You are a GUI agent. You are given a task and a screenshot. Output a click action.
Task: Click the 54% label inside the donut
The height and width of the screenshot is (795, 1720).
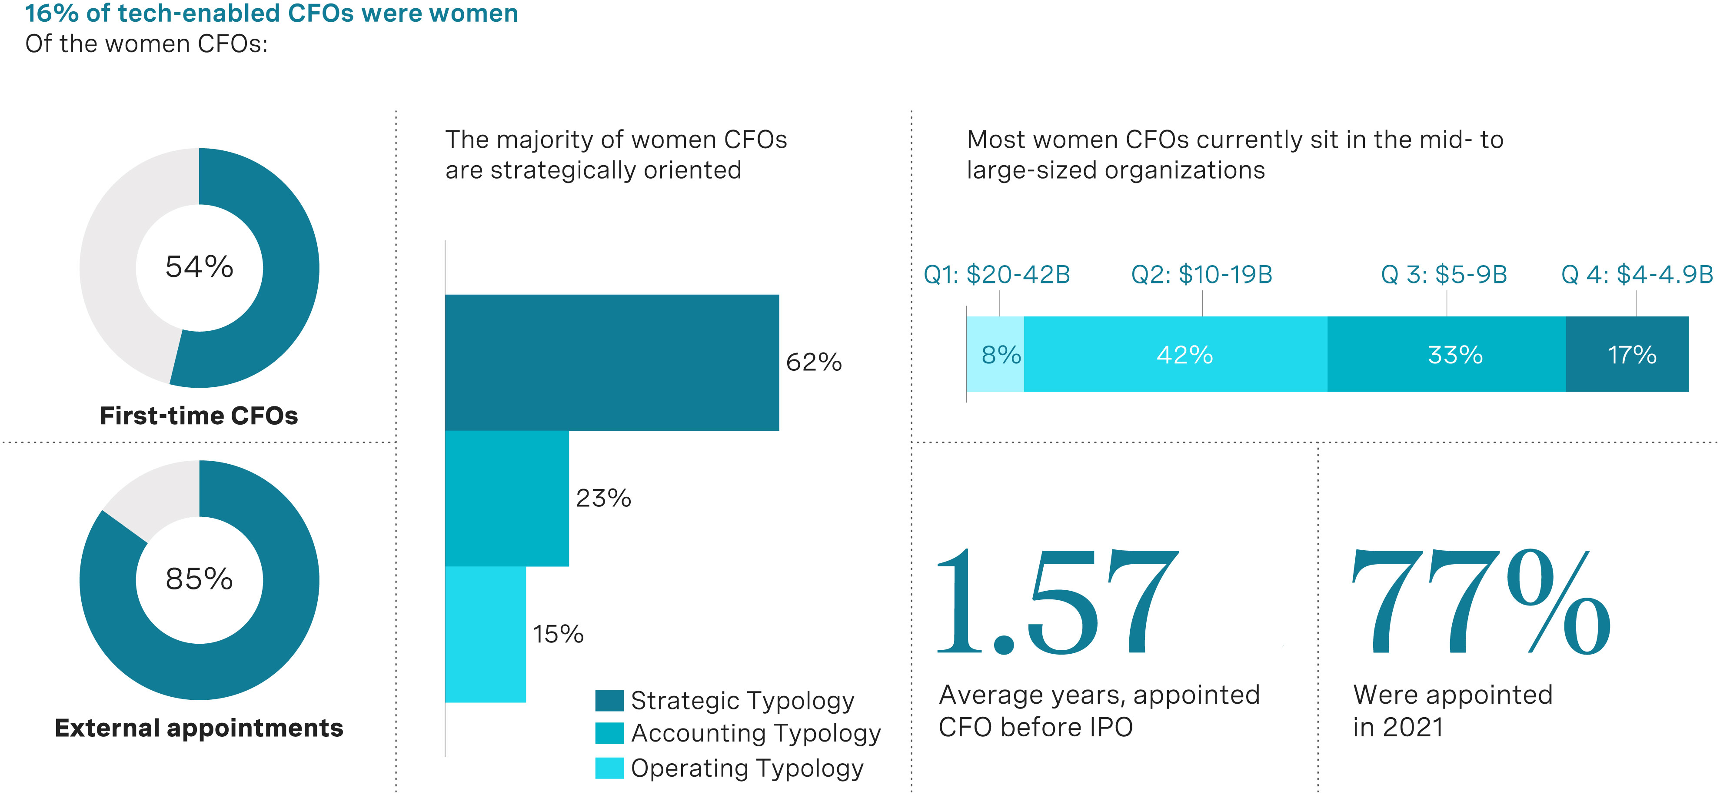199,267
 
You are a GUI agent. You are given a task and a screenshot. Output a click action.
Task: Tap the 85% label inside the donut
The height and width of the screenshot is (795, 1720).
199,579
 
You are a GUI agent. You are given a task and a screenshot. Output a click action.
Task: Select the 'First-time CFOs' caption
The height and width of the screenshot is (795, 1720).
199,416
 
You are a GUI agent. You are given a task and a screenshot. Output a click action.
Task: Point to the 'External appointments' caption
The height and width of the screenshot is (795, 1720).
199,728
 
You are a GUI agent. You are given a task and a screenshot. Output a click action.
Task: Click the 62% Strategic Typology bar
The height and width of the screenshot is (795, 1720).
612,363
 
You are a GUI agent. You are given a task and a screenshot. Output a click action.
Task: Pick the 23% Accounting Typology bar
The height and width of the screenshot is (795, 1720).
507,499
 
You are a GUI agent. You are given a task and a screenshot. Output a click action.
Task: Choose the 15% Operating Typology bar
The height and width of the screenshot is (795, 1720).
486,634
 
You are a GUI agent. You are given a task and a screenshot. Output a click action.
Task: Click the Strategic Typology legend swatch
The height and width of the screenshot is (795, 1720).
609,701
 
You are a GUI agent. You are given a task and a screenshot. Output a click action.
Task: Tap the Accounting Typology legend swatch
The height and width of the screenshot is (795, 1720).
609,733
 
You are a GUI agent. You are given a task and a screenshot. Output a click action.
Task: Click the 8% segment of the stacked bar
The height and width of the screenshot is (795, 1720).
995,354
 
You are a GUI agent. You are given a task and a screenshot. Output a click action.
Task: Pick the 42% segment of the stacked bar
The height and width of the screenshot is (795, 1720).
1175,354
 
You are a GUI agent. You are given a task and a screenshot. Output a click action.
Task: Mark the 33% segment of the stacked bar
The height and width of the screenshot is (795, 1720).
1446,354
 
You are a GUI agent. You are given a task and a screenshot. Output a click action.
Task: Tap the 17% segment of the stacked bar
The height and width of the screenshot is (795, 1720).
1627,354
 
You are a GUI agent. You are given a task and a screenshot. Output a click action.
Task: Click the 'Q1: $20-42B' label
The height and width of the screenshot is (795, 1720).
996,274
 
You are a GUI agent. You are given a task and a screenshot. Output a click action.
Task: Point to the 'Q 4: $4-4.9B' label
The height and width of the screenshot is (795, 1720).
1637,274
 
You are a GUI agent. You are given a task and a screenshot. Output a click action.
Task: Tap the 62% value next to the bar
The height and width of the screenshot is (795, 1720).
813,363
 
